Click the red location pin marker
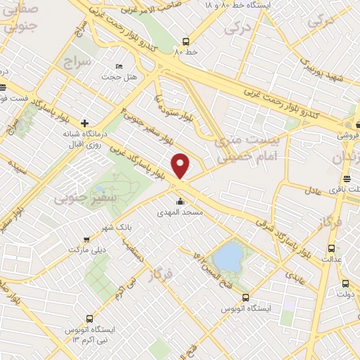181,165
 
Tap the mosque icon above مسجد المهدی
181,202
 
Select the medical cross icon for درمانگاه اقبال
85,122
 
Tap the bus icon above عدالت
331,247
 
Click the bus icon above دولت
345,283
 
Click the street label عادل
313,189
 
